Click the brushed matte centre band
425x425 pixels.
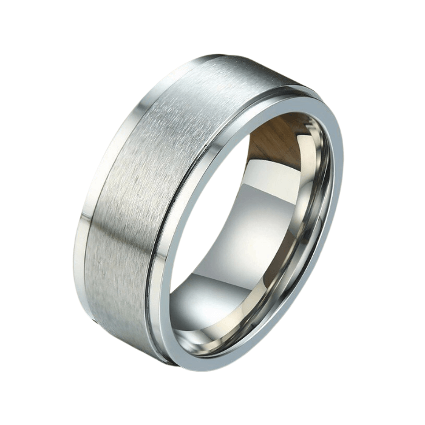coord(152,200)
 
